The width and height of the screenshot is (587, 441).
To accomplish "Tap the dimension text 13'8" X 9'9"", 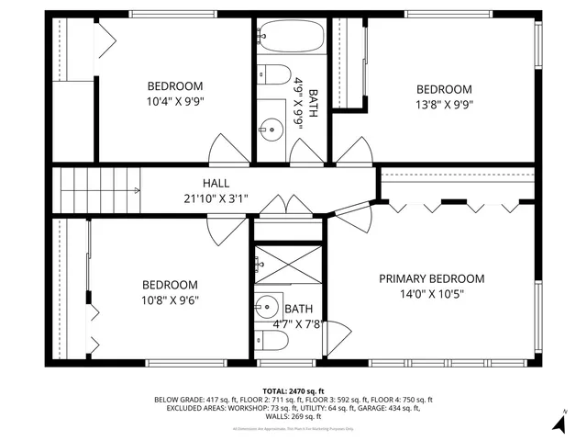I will click(x=444, y=104).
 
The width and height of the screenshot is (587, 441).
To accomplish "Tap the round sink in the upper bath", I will click(x=271, y=128).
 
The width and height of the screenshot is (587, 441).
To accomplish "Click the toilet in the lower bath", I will click(x=272, y=341).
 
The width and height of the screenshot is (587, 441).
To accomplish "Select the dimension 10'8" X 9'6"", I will click(x=170, y=300).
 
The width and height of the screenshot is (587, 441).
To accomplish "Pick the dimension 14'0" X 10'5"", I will click(x=431, y=294).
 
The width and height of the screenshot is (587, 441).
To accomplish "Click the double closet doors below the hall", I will click(x=287, y=205).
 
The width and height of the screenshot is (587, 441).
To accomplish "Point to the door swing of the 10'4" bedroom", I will click(x=226, y=147).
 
